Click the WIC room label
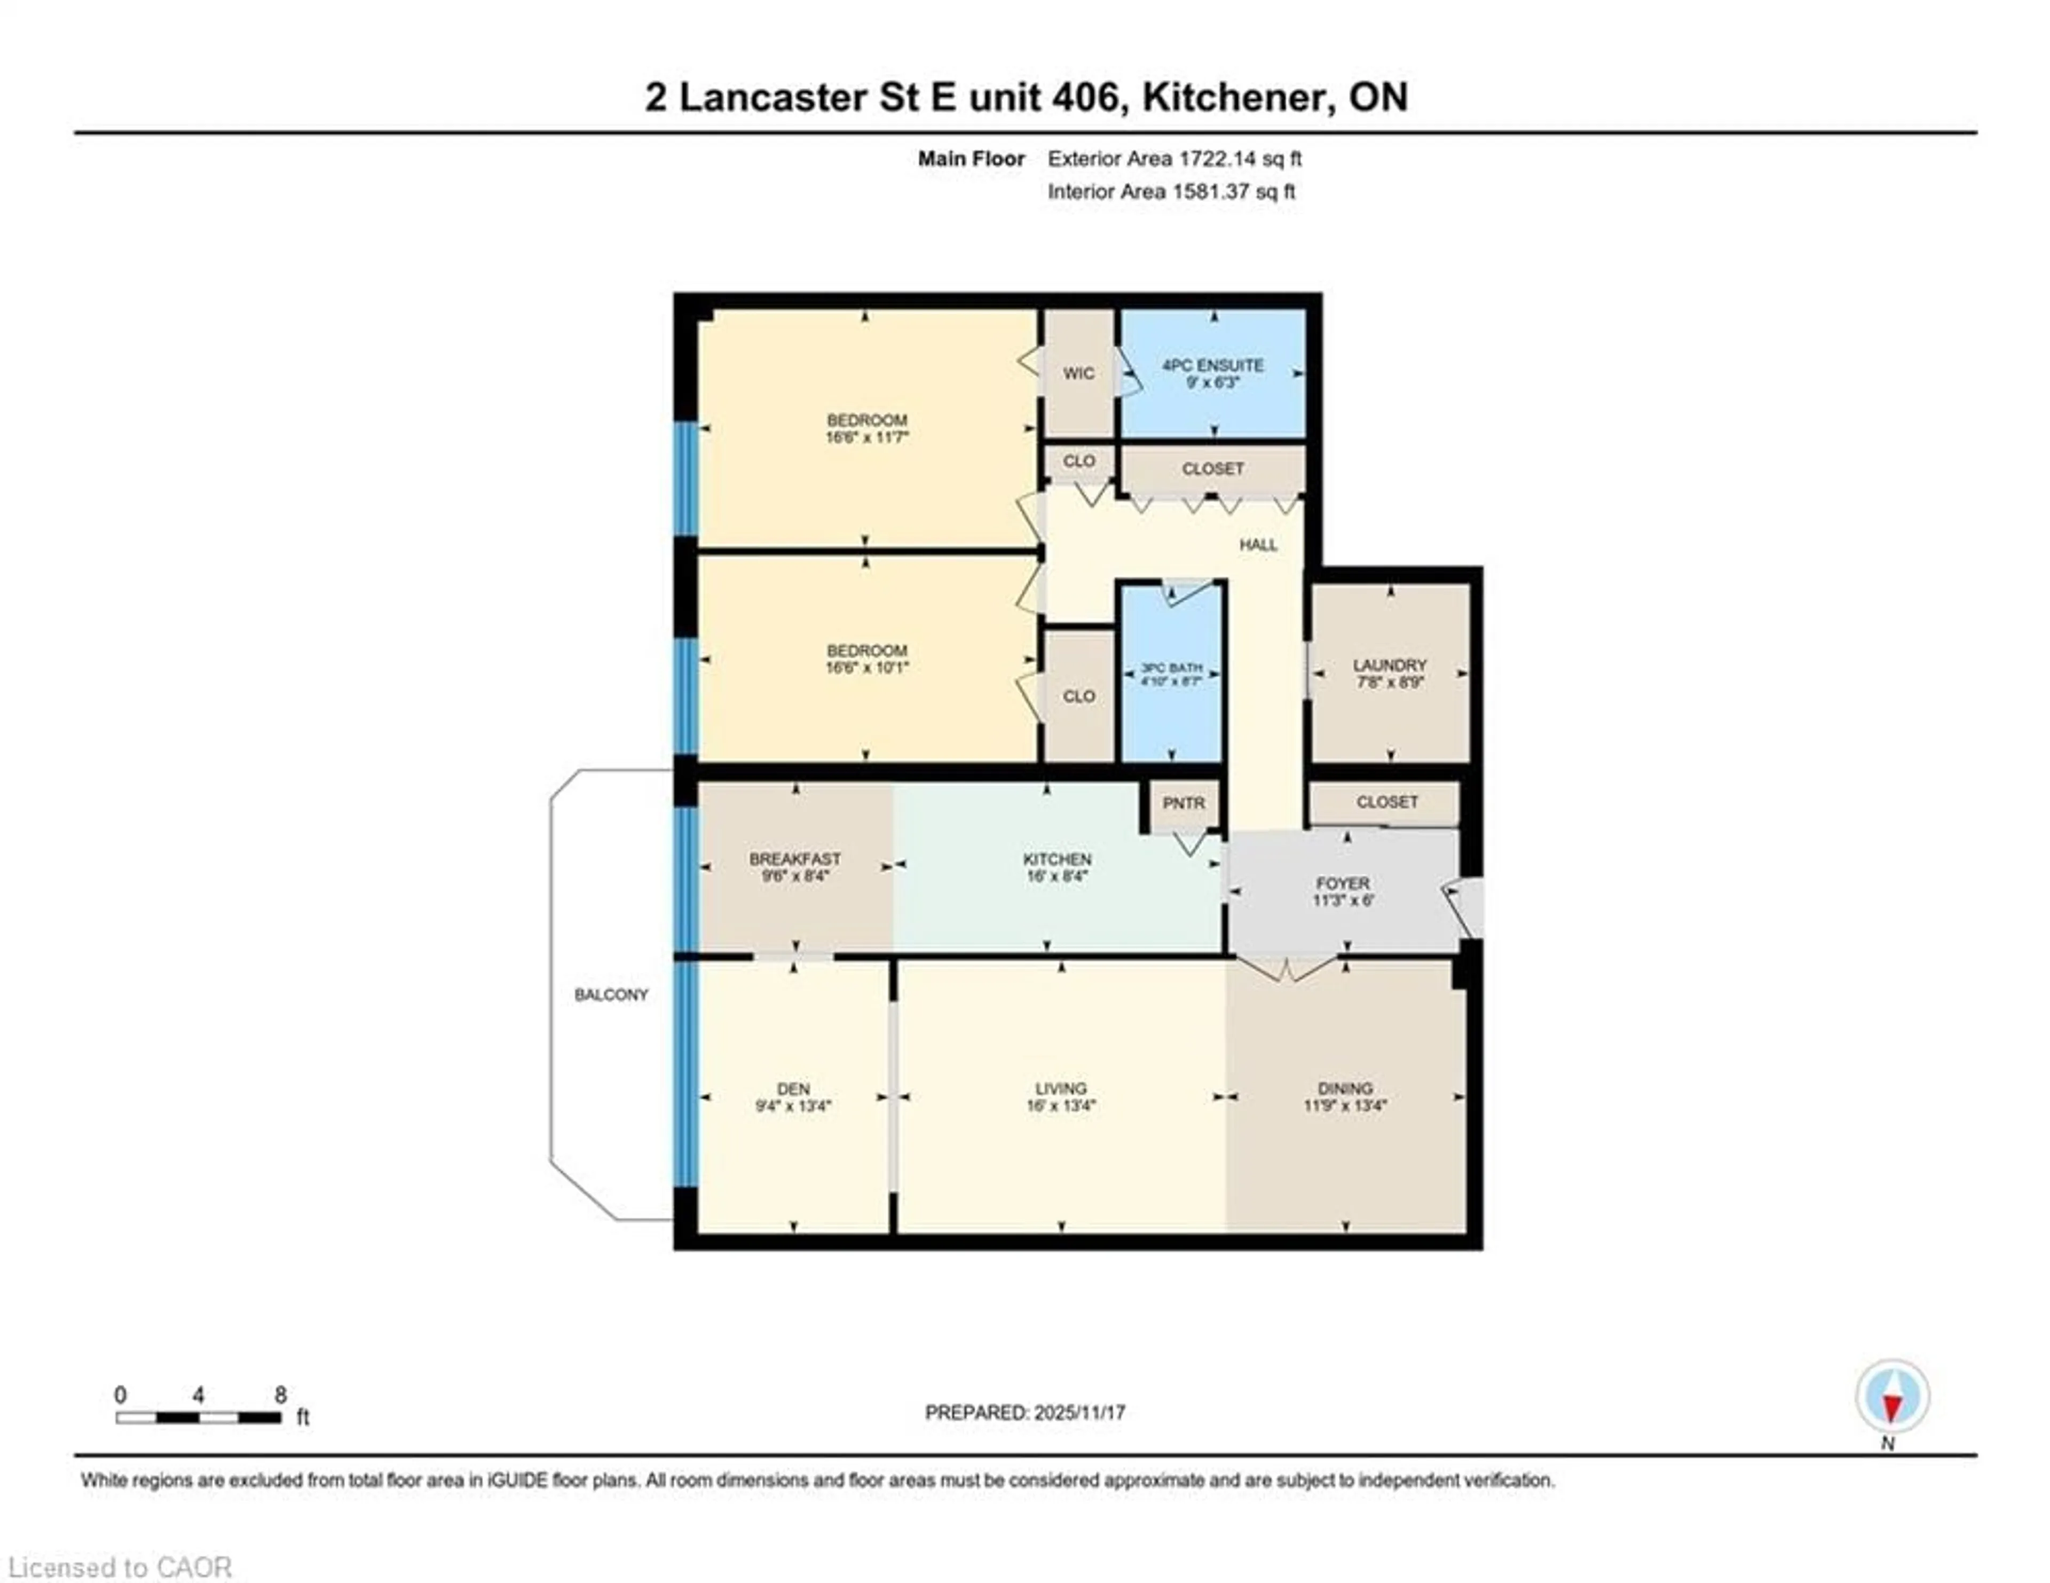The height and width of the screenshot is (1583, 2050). point(1078,373)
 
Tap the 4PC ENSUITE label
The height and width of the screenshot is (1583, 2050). point(1213,365)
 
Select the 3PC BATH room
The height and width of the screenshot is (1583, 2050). point(1171,673)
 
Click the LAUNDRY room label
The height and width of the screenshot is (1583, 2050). point(1389,665)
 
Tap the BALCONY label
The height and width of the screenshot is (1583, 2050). point(611,994)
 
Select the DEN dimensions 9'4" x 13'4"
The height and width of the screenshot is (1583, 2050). point(793,1106)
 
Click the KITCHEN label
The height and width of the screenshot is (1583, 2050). point(1057,859)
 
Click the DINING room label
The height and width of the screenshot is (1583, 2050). point(1345,1088)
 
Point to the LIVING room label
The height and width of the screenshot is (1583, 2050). point(1061,1088)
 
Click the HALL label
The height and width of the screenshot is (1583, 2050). point(1258,545)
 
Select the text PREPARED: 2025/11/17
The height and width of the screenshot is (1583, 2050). point(1025,1412)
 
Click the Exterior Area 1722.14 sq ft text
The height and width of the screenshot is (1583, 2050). point(1174,159)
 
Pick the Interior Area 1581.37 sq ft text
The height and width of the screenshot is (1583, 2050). point(1171,192)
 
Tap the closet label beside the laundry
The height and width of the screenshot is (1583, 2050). point(1386,802)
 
